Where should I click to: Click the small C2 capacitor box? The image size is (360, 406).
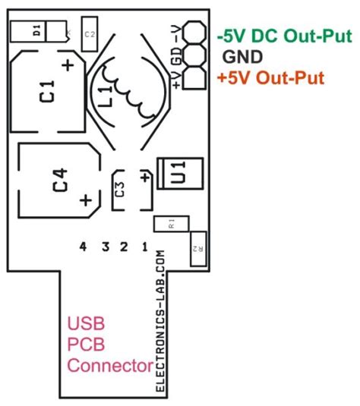click(x=90, y=34)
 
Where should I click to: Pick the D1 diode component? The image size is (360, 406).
click(x=36, y=31)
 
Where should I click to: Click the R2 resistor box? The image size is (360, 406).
click(x=197, y=248)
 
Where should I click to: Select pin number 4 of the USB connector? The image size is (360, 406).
click(x=84, y=246)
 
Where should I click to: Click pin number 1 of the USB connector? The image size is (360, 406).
click(x=144, y=246)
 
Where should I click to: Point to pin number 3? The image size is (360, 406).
click(x=105, y=246)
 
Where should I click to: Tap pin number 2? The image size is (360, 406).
click(x=125, y=246)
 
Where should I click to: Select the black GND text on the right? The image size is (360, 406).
click(x=242, y=56)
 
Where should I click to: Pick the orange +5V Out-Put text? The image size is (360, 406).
click(x=270, y=77)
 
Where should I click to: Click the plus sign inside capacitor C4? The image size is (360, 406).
click(x=86, y=201)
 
